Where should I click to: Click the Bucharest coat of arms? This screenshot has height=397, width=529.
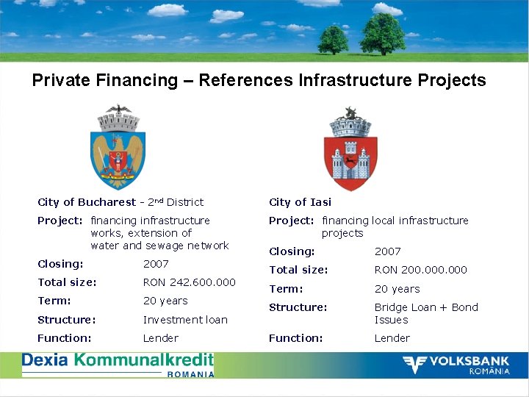(x=118, y=147)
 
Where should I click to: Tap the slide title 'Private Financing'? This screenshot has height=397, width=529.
(x=259, y=80)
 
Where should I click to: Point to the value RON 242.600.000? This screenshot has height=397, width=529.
(x=189, y=282)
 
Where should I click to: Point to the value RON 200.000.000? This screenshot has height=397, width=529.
(x=420, y=270)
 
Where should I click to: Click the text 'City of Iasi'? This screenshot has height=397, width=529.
(x=300, y=202)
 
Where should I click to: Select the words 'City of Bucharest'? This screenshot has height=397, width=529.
(x=87, y=202)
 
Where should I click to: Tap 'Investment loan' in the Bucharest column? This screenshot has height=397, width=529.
(x=185, y=320)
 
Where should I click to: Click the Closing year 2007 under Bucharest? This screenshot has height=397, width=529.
(x=156, y=264)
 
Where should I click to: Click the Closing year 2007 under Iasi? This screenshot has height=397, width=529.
(x=387, y=251)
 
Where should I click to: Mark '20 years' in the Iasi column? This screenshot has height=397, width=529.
(x=397, y=289)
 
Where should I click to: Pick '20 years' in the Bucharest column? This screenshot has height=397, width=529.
(x=165, y=301)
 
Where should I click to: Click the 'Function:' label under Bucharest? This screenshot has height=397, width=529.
(x=65, y=338)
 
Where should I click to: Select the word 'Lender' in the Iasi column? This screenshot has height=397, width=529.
(x=392, y=338)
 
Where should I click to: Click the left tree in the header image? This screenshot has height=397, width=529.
(x=334, y=38)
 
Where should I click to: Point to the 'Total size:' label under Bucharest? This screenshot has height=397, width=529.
(x=67, y=282)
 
